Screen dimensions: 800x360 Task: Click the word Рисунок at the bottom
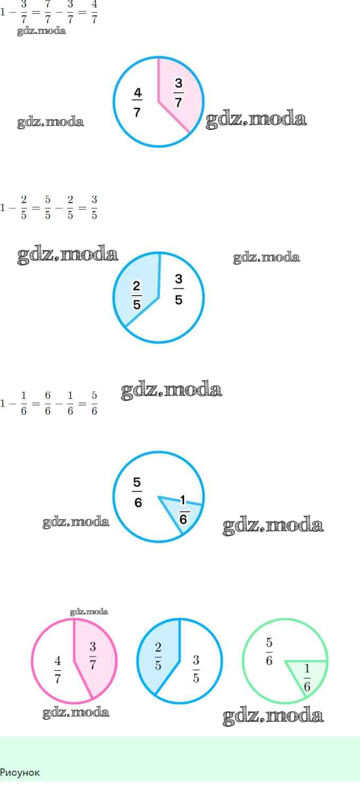(x=20, y=772)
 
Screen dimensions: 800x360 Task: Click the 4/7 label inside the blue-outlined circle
(x=137, y=102)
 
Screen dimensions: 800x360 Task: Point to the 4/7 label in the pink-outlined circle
(x=58, y=669)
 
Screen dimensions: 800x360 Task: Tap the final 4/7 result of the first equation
(x=94, y=12)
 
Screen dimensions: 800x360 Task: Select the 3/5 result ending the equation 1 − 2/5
(x=94, y=207)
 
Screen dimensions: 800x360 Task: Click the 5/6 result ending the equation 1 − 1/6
(x=94, y=403)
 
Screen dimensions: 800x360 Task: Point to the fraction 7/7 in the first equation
(x=48, y=12)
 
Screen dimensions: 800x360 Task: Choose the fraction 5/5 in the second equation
(x=48, y=207)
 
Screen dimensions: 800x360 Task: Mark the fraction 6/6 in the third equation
(x=48, y=403)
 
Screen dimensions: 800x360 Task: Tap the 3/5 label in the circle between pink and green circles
(x=196, y=669)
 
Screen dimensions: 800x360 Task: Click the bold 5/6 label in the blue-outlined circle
(x=138, y=492)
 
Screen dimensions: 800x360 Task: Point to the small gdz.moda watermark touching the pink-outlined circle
(x=89, y=612)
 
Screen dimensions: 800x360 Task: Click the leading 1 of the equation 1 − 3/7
(x=3, y=12)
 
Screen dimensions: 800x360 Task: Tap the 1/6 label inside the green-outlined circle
(x=307, y=678)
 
